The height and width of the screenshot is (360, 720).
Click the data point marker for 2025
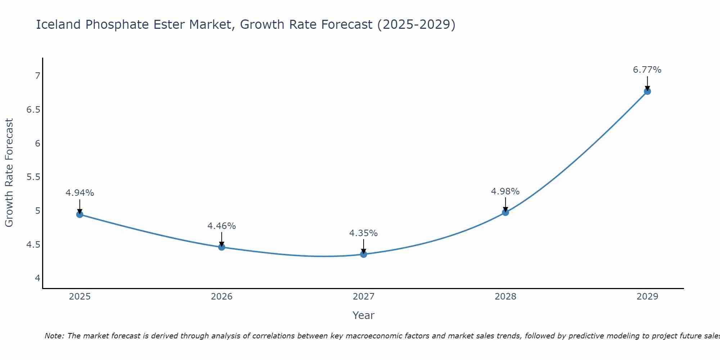tap(80, 215)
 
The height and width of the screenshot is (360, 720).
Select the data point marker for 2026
tap(222, 247)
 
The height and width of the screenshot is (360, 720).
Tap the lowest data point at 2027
tap(364, 254)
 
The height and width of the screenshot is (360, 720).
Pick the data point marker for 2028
tap(505, 212)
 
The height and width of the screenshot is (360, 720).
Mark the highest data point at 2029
tap(647, 91)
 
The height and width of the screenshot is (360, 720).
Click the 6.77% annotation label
tap(647, 70)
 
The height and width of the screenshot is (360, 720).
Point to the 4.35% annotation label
tap(363, 233)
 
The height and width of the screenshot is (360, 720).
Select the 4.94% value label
tap(80, 193)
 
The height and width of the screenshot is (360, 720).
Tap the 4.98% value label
tap(505, 192)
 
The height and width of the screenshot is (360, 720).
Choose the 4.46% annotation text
tap(221, 226)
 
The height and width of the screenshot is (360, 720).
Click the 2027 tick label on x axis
tap(364, 297)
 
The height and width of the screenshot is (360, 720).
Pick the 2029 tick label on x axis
tap(647, 297)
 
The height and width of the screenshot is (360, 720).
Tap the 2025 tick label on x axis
tap(80, 297)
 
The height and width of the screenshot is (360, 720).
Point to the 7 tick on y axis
tap(37, 76)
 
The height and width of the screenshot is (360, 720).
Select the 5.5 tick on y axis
tap(33, 177)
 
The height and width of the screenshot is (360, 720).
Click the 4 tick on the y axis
tap(37, 278)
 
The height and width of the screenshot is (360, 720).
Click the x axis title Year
tap(363, 315)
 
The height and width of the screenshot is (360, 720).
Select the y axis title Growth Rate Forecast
tap(9, 173)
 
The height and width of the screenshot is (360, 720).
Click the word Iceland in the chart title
tap(58, 24)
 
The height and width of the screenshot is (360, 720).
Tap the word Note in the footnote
tap(54, 336)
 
